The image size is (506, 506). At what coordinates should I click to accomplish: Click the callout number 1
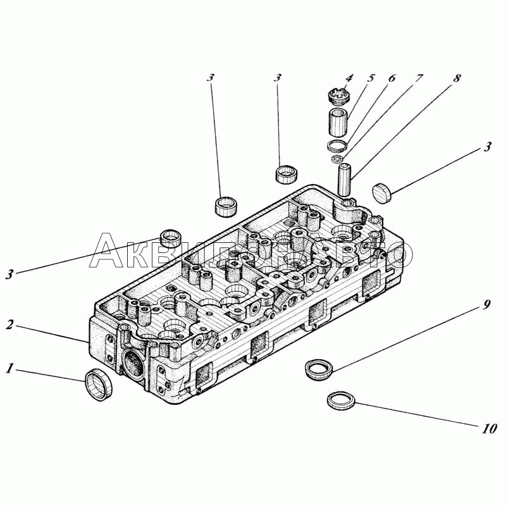coord(9,368)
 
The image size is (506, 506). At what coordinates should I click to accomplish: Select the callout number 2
coord(9,325)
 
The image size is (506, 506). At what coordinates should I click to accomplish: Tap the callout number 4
coord(349,78)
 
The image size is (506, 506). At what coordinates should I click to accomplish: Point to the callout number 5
coord(371,78)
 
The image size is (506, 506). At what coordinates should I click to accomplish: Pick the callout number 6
coord(392,78)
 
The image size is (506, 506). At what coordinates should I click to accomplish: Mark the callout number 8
coord(457,78)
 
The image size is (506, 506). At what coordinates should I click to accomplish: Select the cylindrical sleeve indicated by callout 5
coord(339,122)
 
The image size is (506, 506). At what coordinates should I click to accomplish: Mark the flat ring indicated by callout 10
coord(341,400)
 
